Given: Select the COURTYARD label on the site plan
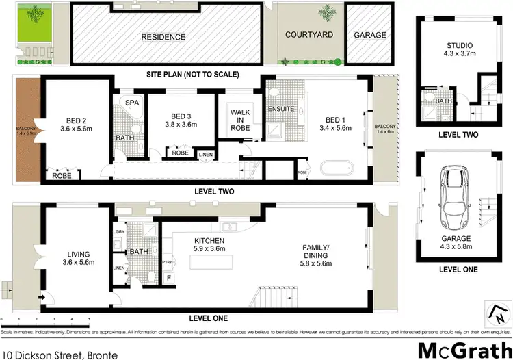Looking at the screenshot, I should (x=308, y=34).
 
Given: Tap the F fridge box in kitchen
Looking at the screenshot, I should (x=169, y=278).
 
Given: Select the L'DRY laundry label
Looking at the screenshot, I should (x=118, y=233).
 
